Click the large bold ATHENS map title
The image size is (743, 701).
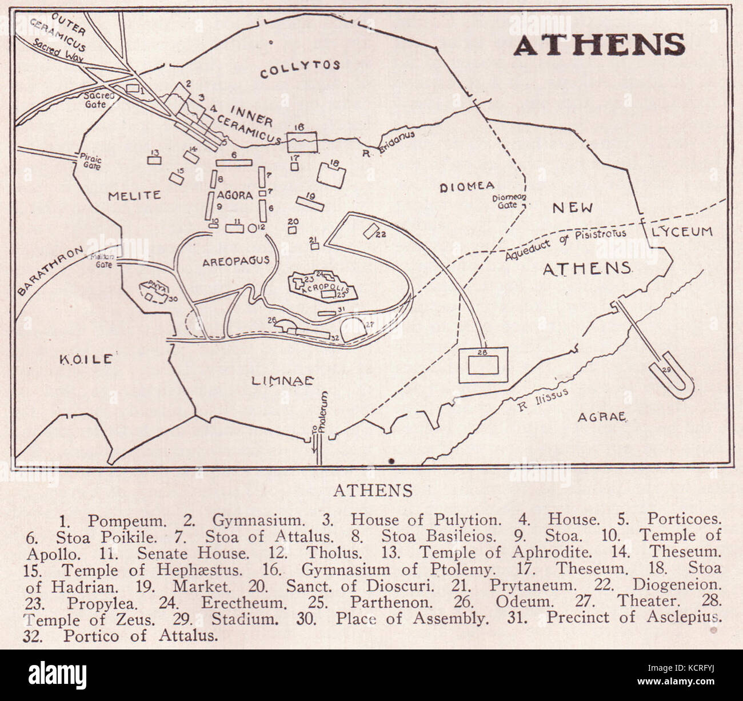[598, 44]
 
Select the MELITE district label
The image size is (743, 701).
[134, 196]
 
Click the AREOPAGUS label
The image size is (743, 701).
[235, 261]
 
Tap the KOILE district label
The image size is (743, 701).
[86, 359]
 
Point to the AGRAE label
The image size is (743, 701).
[602, 417]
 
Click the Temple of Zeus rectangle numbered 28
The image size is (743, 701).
[483, 365]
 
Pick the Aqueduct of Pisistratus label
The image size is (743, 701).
[566, 243]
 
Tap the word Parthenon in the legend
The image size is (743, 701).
[389, 602]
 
